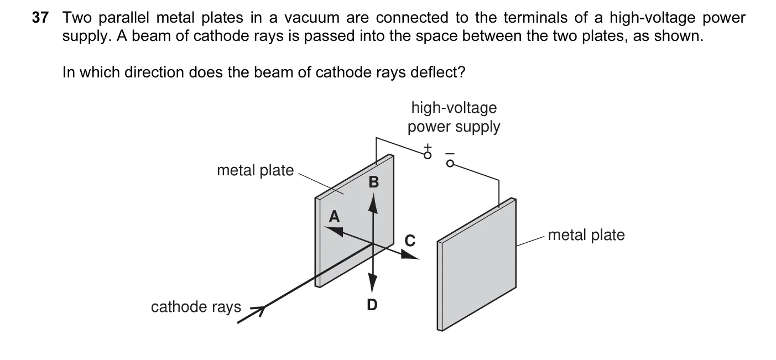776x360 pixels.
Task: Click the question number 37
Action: coord(40,17)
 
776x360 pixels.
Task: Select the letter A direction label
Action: coord(334,217)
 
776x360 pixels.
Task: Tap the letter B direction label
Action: coord(374,182)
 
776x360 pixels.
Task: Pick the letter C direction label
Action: coord(410,241)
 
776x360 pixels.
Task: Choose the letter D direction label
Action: coord(372,305)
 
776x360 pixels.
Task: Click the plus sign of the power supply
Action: coord(428,147)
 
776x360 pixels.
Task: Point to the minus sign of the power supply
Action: coord(450,154)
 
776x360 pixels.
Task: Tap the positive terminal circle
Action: coord(428,155)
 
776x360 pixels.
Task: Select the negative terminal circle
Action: coord(450,164)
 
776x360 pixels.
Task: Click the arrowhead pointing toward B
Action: coord(373,203)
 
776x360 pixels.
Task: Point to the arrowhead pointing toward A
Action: coord(334,231)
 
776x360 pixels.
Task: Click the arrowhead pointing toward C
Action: coord(410,255)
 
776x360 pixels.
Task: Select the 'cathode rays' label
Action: coord(196,307)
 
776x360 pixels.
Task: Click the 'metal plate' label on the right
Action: coord(586,235)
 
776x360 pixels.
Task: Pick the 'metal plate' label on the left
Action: coord(256,170)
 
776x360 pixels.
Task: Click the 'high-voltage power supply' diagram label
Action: coord(454,117)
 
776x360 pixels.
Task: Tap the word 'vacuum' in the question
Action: coord(312,18)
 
